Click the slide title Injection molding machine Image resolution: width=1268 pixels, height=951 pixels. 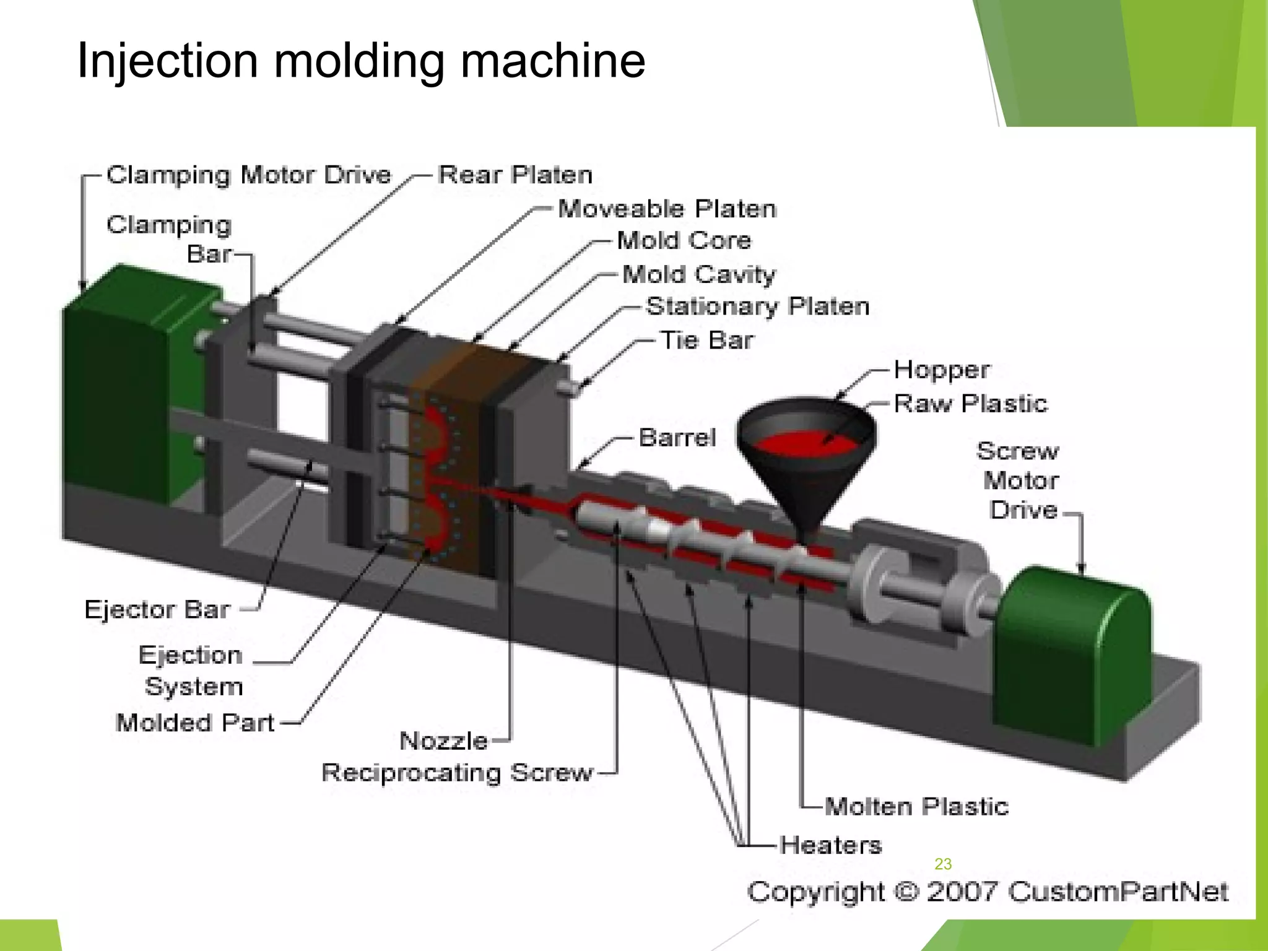pos(361,61)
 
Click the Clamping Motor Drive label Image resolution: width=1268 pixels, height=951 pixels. pos(249,175)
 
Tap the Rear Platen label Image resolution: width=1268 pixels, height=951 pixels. pos(515,175)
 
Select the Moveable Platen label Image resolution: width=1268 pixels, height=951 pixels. pos(667,209)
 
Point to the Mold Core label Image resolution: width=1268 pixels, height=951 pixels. pos(684,240)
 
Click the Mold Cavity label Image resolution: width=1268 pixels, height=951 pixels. pos(698,274)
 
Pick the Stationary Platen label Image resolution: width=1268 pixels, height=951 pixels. pos(757,306)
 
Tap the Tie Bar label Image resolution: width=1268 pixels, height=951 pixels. pos(707,340)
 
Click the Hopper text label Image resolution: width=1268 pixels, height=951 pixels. pos(941,370)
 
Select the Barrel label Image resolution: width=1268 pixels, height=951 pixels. pos(677,438)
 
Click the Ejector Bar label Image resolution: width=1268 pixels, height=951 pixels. pos(157,610)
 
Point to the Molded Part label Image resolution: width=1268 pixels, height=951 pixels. pos(194,723)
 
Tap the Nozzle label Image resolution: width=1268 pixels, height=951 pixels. pos(443,740)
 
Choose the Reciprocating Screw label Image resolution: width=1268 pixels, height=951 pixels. pos(457,773)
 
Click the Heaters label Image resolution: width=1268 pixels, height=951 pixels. pos(830,845)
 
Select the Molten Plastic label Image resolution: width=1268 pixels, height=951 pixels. pos(916,807)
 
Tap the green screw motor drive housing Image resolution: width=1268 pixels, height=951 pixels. pos(1071,656)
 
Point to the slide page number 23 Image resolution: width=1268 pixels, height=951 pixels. pos(943,864)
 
